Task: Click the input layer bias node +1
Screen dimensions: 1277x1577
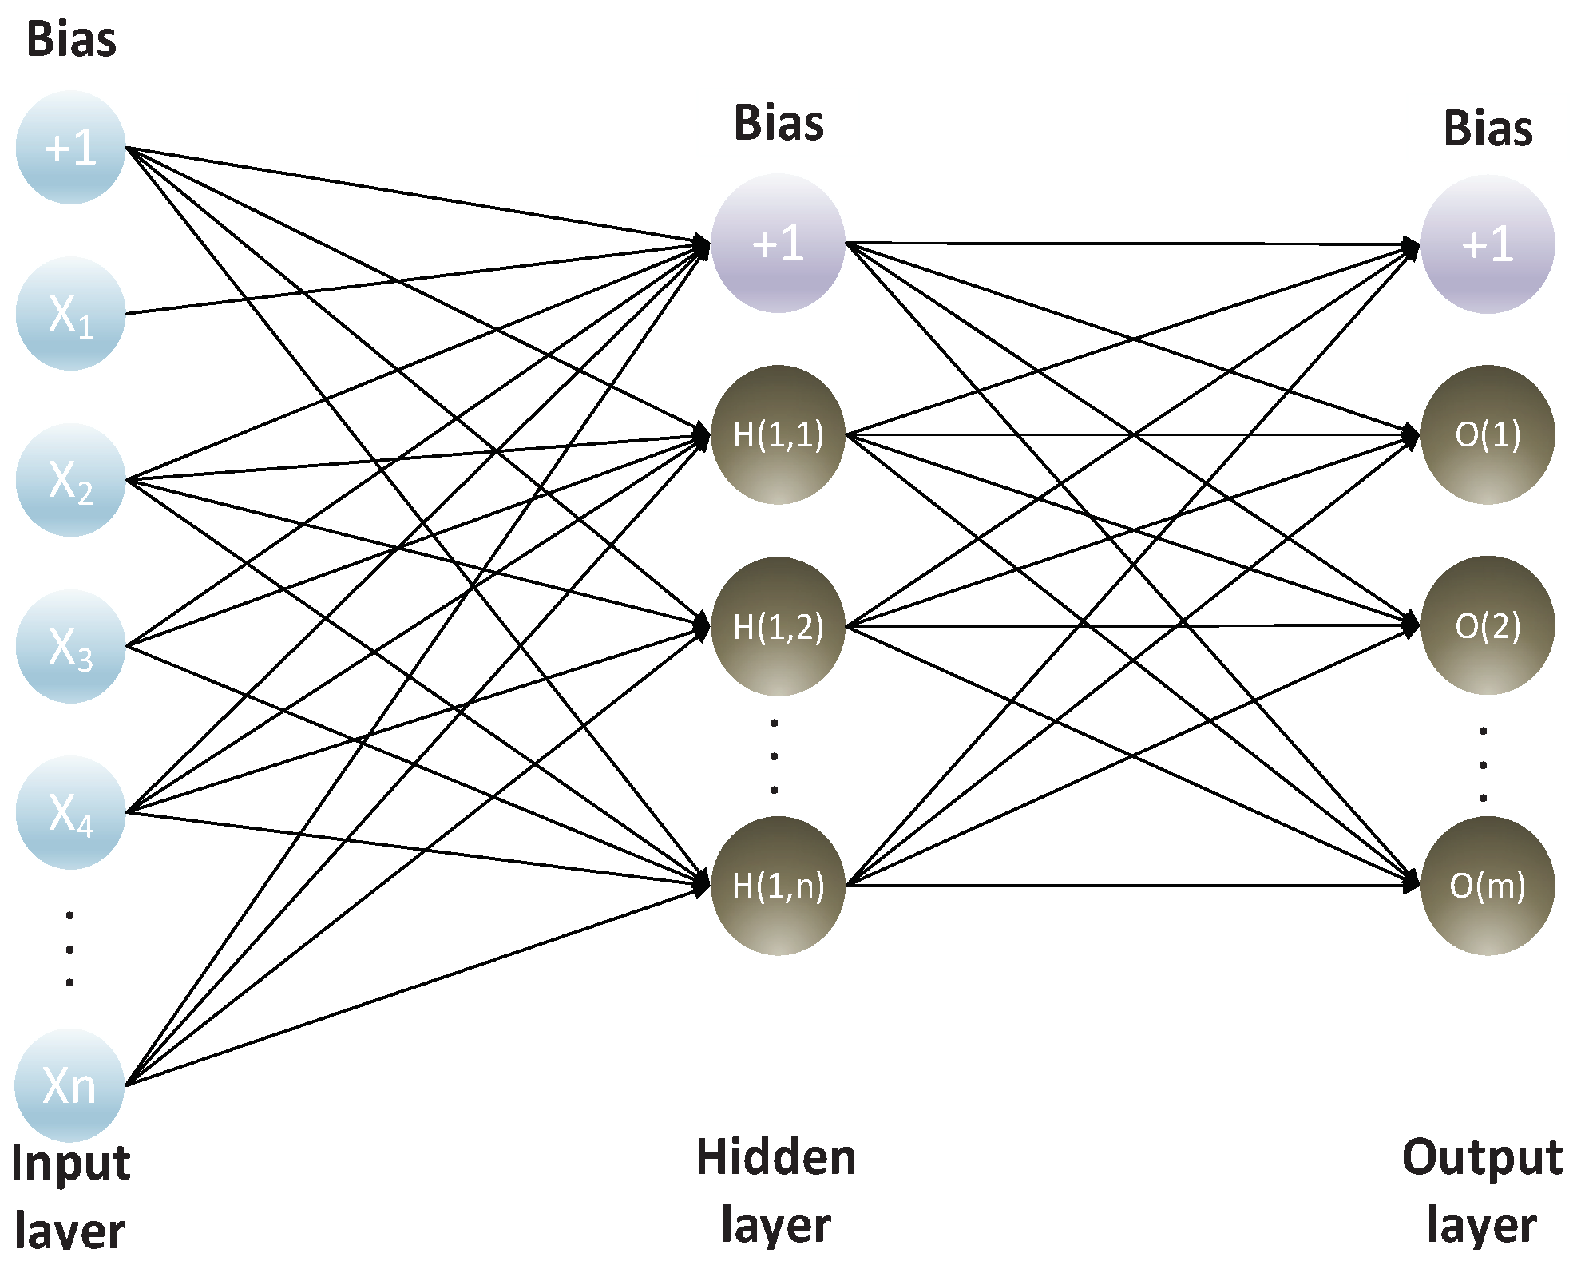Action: (70, 148)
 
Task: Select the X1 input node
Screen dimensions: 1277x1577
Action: (70, 314)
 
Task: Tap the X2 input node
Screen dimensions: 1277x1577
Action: (70, 480)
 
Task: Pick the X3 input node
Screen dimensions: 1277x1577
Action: (70, 646)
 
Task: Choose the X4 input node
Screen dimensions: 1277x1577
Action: (70, 812)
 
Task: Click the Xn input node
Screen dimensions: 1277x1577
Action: (69, 1085)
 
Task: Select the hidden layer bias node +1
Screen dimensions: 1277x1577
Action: (778, 243)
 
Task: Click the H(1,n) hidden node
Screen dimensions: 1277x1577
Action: (778, 886)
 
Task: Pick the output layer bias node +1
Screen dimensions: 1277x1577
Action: (1487, 244)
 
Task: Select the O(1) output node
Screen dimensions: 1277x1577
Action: (1487, 435)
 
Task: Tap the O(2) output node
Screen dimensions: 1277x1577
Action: (1487, 625)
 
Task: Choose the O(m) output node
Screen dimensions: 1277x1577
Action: (1487, 886)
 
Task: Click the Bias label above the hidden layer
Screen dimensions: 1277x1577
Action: (779, 124)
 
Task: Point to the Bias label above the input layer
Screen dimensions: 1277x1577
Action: (71, 39)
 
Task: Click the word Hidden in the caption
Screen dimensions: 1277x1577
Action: (776, 1157)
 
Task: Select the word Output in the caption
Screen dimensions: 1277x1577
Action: (1482, 1157)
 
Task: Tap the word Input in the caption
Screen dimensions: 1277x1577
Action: (70, 1163)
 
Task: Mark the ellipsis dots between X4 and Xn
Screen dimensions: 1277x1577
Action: (70, 949)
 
